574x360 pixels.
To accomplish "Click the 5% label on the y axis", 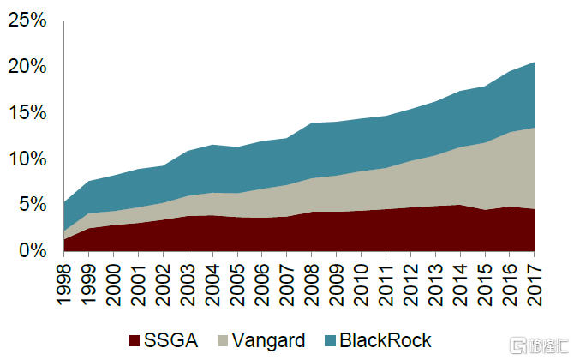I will (32, 205).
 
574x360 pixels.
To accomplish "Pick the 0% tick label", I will (32, 250).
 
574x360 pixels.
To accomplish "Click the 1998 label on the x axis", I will (64, 279).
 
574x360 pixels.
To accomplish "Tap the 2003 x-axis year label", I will (188, 279).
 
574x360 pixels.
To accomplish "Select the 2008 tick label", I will (312, 279).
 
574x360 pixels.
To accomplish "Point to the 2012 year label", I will (411, 279).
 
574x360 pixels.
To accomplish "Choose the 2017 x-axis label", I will (535, 279).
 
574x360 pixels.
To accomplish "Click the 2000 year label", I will (114, 279).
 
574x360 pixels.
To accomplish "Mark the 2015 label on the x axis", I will (485, 279).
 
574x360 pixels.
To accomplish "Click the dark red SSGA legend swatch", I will (135, 341).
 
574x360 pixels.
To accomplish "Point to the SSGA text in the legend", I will (172, 340).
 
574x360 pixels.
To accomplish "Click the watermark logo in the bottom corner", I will (540, 345).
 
